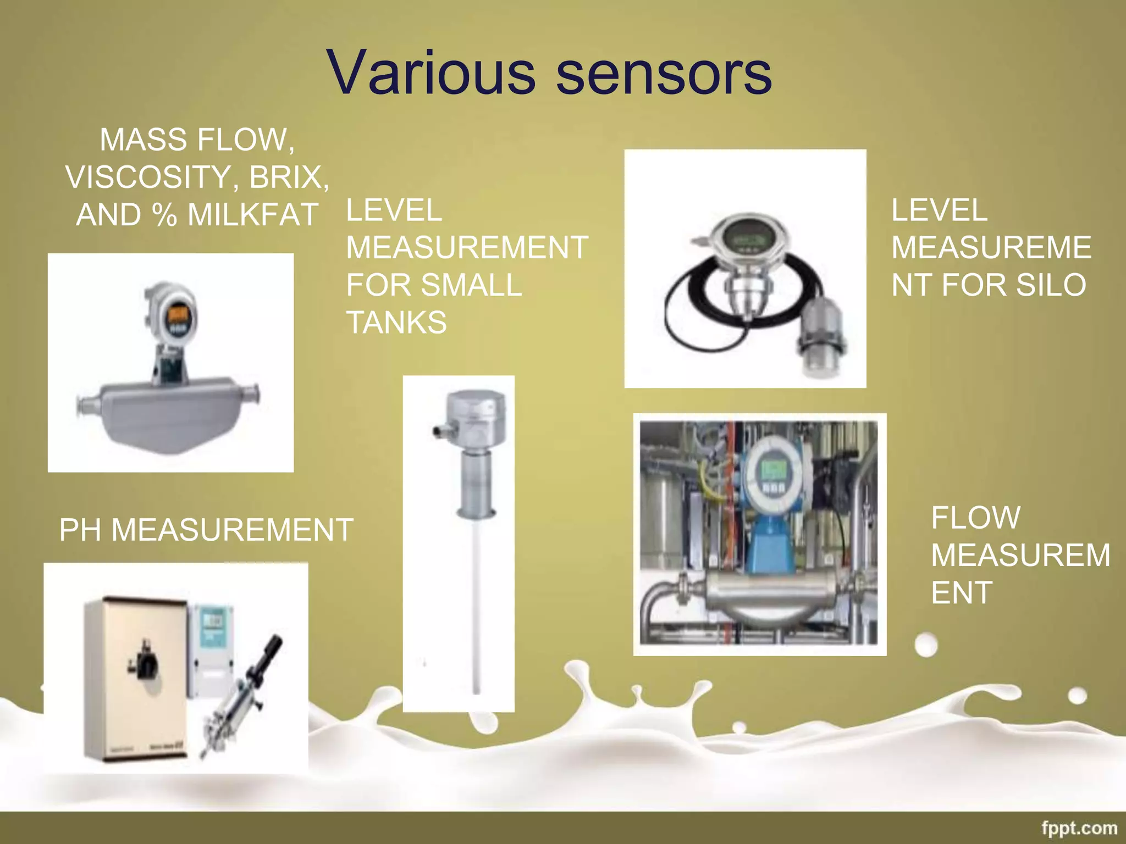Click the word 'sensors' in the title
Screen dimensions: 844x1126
[664, 73]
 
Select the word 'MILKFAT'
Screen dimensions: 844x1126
[253, 214]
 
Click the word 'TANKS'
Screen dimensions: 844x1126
[396, 322]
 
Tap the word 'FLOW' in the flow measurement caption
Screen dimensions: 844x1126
[975, 518]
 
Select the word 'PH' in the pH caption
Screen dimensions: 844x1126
[81, 530]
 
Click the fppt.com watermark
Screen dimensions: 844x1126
[1079, 828]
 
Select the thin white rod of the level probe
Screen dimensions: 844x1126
[476, 604]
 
